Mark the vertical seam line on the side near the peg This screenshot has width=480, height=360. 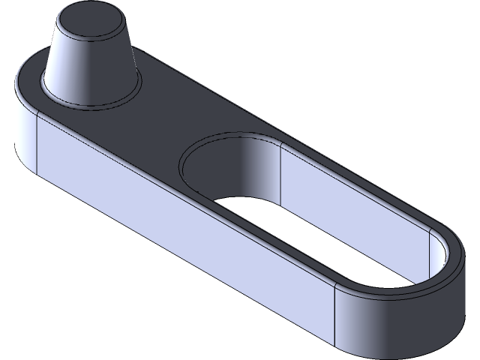click(x=37, y=142)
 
